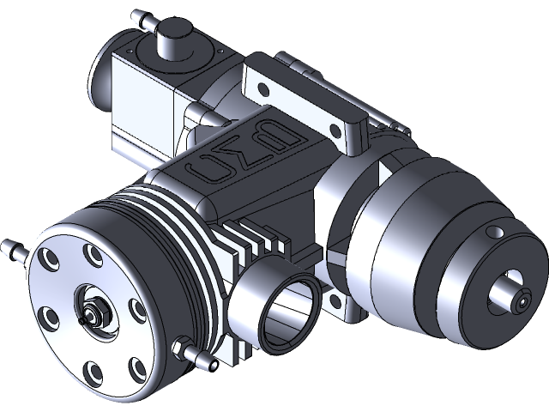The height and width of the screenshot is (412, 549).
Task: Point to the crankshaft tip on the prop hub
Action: tap(522, 302)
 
